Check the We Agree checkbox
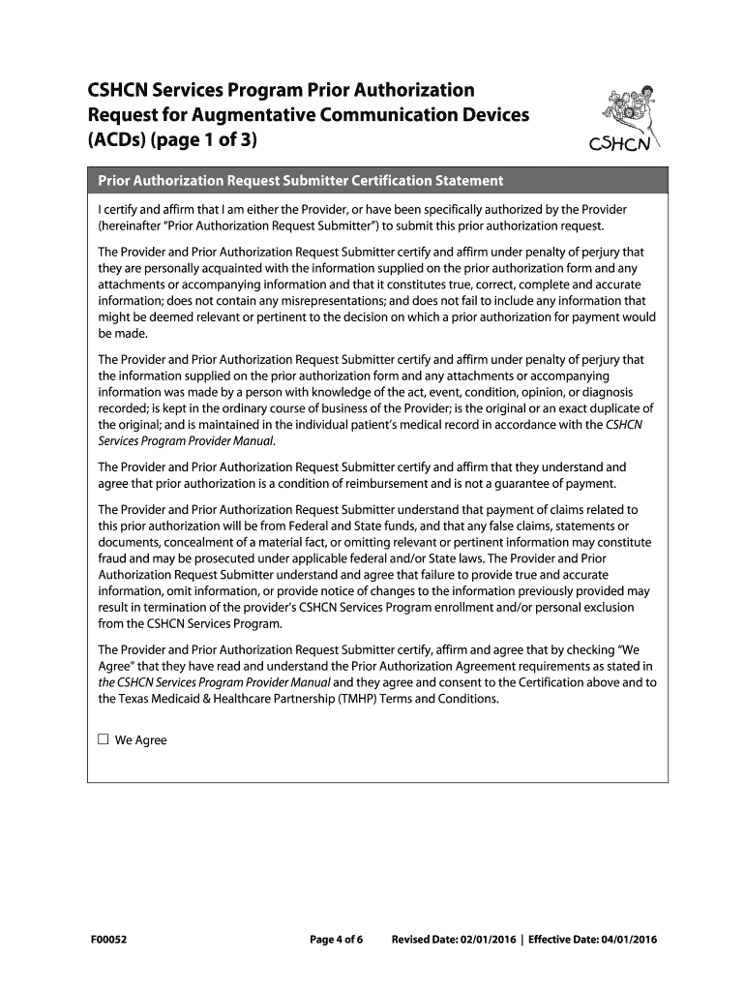point(104,740)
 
